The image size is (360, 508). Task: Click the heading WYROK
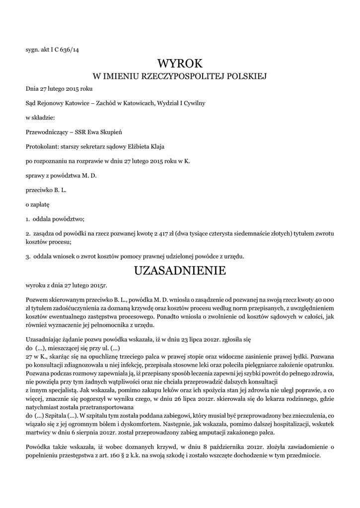point(180,63)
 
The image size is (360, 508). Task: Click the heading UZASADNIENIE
point(180,270)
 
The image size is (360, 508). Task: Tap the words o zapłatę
point(38,204)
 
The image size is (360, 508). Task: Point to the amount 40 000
point(320,300)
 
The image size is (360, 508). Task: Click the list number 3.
point(28,256)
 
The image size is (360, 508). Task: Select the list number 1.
point(28,218)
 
